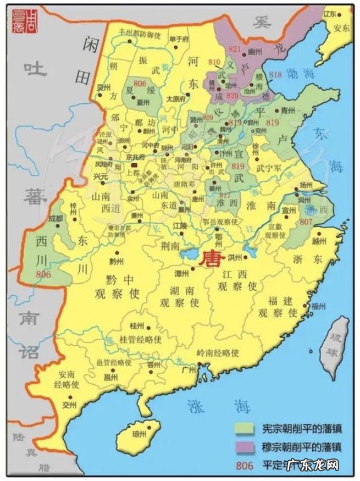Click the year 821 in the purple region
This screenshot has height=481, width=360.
pos(235,49)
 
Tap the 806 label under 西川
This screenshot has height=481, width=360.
pos(43,273)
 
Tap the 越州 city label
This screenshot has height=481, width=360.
pos(319,241)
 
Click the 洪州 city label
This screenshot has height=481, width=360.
pos(236,256)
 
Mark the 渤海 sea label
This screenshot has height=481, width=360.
pos(302,73)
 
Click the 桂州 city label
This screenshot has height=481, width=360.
pos(136,326)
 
